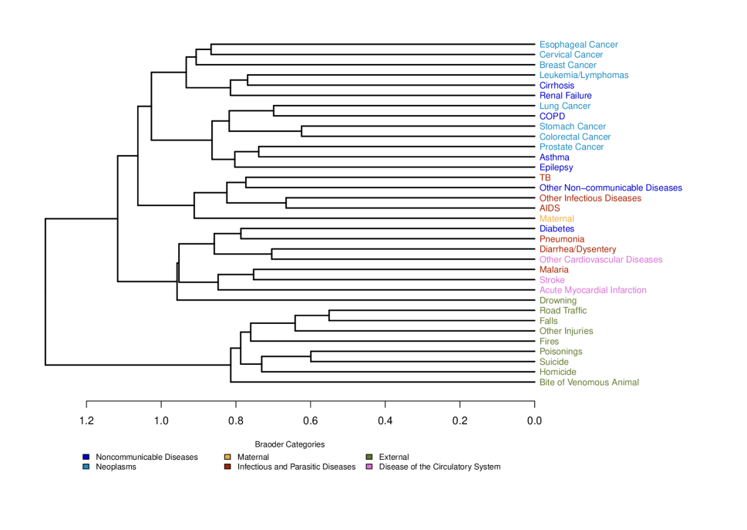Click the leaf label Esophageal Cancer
[578, 45]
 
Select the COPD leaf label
[552, 116]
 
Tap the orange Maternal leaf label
[557, 219]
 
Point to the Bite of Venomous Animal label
[589, 383]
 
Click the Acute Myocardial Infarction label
[593, 290]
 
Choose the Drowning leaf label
[557, 301]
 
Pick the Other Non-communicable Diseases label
[611, 188]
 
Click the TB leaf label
[545, 178]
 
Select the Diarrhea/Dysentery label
[577, 250]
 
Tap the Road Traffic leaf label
[563, 311]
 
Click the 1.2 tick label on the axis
[86, 421]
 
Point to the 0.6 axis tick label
[311, 421]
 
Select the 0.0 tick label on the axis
[534, 421]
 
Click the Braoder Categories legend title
[290, 444]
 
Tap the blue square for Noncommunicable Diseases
[86, 457]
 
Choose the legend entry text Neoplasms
[116, 467]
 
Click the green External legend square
[369, 457]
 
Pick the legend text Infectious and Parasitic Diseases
[296, 467]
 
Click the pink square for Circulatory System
[369, 467]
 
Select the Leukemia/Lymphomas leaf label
[584, 76]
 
